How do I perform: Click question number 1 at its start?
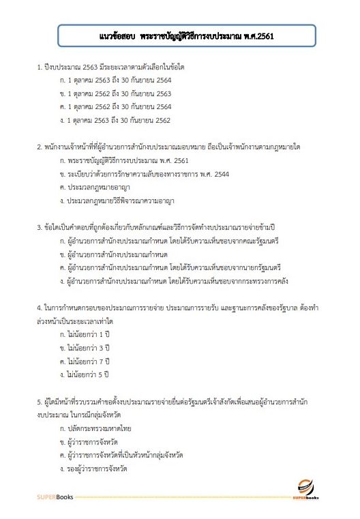tap(40, 68)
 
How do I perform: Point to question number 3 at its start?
tap(40, 227)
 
